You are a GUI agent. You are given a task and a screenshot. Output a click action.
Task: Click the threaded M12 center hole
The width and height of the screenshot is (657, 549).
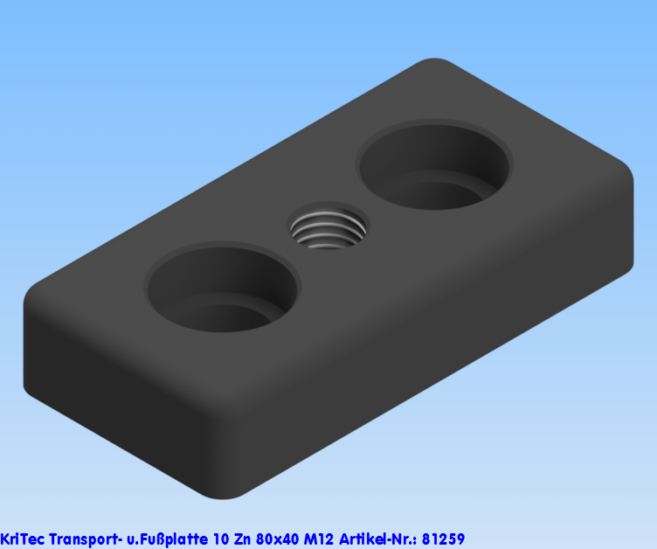coord(328,226)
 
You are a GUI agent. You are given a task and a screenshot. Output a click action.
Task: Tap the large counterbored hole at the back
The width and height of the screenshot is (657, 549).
coord(434,164)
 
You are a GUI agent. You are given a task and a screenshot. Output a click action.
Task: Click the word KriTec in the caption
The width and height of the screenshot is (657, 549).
coord(22,539)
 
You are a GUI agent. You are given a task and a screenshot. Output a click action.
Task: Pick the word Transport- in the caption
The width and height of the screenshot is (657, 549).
coord(86,539)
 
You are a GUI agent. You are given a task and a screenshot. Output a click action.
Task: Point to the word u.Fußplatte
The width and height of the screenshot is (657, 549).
coord(167,539)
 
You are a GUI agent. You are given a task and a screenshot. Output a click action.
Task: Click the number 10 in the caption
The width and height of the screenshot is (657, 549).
coord(220,539)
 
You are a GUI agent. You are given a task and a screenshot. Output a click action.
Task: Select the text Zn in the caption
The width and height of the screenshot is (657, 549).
coord(242,539)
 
